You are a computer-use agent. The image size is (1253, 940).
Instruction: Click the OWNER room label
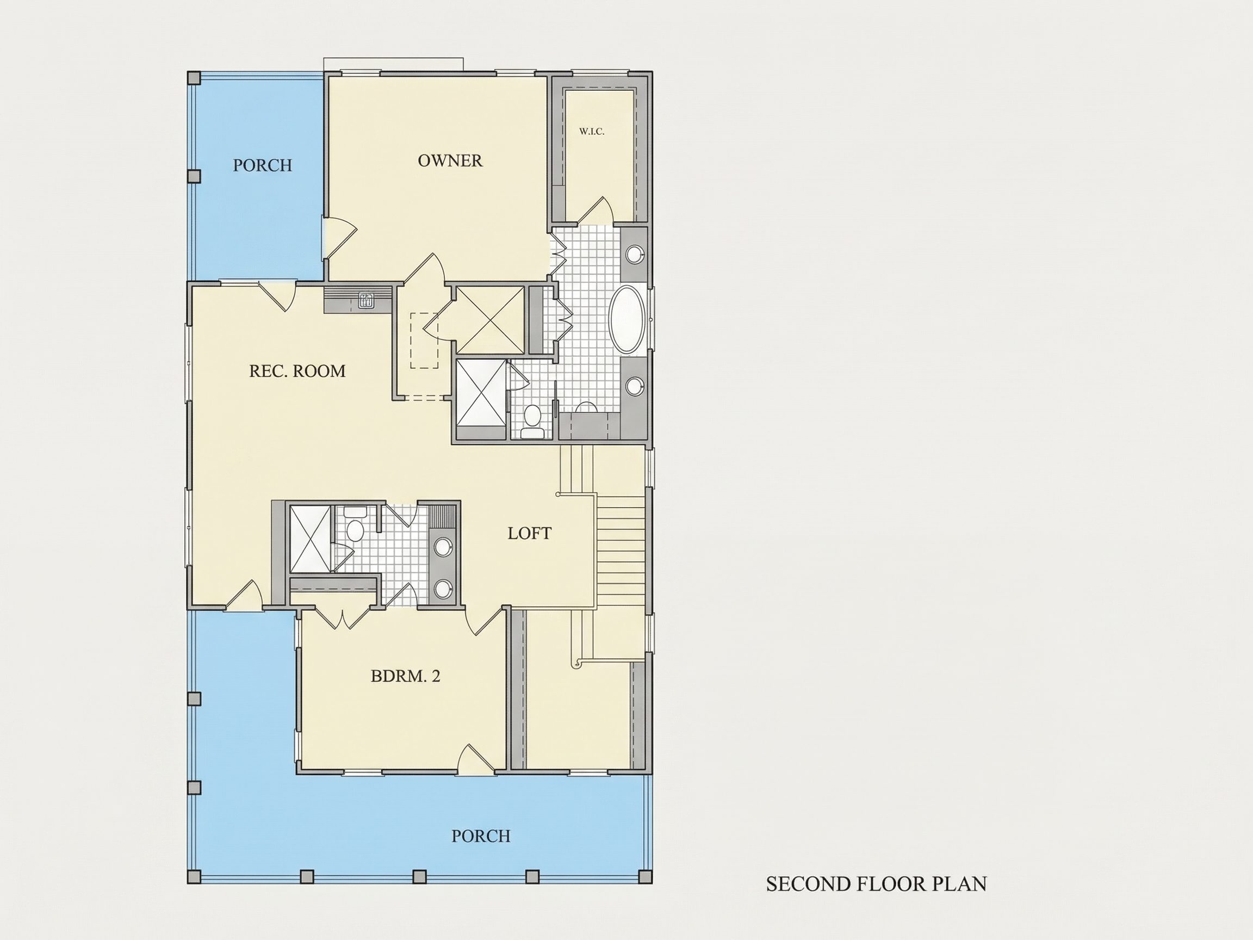tap(450, 161)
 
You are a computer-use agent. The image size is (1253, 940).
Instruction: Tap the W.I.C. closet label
tap(592, 132)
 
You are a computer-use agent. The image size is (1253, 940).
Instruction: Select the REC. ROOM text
tap(297, 371)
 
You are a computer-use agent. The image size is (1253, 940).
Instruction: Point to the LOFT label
tap(530, 533)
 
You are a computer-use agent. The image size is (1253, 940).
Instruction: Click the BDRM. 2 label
tap(406, 676)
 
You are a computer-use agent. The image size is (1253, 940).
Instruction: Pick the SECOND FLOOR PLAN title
tap(876, 884)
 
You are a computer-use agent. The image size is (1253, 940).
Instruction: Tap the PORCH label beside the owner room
tap(263, 165)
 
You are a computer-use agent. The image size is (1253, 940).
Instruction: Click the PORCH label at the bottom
tap(481, 836)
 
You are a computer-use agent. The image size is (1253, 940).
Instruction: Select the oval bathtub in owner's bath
tap(626, 320)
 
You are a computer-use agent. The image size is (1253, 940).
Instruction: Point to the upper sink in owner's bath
tap(636, 254)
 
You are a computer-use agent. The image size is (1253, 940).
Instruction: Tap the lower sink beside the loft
tap(443, 588)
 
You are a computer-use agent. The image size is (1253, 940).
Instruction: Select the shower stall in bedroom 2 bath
tap(310, 539)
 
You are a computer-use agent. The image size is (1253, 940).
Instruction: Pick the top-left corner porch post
tap(194, 78)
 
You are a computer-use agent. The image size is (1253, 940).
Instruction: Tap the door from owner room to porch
tap(339, 238)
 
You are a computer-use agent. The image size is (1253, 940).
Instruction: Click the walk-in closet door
tap(595, 210)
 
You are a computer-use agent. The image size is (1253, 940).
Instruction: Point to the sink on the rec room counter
tap(367, 300)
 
